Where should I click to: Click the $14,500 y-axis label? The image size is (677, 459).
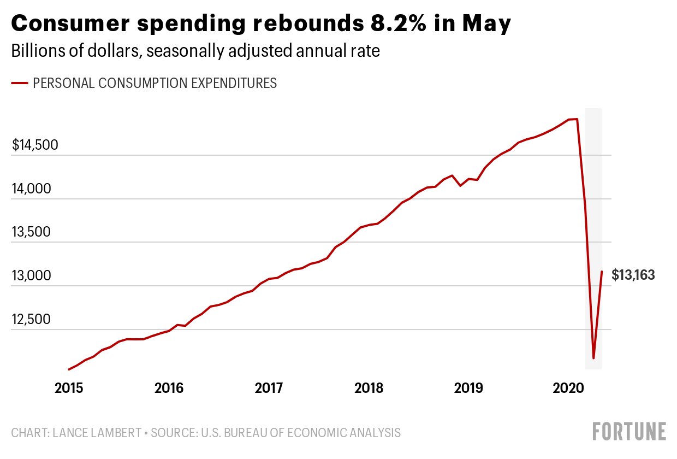pyautogui.click(x=35, y=145)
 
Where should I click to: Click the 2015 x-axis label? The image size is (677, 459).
pyautogui.click(x=69, y=389)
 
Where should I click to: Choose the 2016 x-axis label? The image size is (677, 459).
pyautogui.click(x=169, y=389)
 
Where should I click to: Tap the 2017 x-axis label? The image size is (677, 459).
pyautogui.click(x=269, y=389)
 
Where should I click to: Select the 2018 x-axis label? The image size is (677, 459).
pyautogui.click(x=369, y=389)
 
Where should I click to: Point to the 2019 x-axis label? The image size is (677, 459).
pyautogui.click(x=468, y=389)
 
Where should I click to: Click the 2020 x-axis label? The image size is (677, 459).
pyautogui.click(x=569, y=389)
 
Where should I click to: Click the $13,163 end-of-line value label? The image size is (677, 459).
pyautogui.click(x=633, y=275)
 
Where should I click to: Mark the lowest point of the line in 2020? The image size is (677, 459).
pyautogui.click(x=593, y=358)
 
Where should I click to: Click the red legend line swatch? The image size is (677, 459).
pyautogui.click(x=20, y=84)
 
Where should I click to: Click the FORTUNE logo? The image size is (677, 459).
pyautogui.click(x=630, y=432)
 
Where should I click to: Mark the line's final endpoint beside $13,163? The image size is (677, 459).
pyautogui.click(x=602, y=272)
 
